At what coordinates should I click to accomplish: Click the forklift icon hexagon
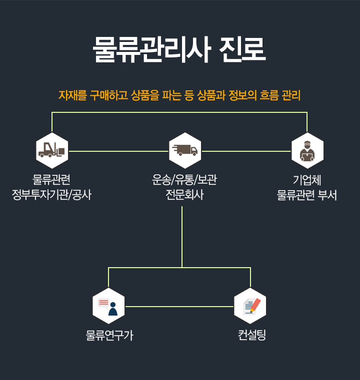(x=52, y=150)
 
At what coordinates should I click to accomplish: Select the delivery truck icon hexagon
(x=185, y=150)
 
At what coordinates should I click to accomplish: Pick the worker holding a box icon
(x=307, y=150)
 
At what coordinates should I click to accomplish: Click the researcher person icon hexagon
(x=108, y=306)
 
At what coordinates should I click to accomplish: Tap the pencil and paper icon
(x=250, y=306)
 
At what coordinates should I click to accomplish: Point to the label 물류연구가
(x=109, y=336)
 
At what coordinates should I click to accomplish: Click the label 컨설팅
(x=252, y=335)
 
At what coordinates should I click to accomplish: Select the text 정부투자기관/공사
(x=51, y=195)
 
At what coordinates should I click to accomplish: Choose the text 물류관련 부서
(x=307, y=195)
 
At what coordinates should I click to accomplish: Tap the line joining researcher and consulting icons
(x=179, y=306)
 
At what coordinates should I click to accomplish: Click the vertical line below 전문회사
(x=182, y=235)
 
